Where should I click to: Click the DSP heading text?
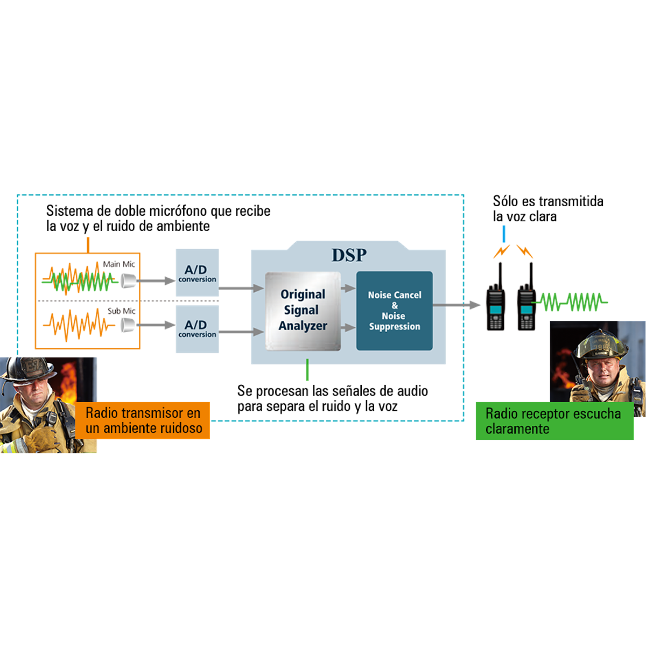[349, 255]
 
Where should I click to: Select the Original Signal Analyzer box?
[303, 311]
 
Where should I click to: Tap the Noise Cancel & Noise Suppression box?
[394, 311]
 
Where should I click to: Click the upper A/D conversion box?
[197, 272]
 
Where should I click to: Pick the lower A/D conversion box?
[197, 328]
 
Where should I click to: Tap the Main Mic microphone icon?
[128, 280]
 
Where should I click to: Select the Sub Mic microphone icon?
[128, 325]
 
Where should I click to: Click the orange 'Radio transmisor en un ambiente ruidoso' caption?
[144, 420]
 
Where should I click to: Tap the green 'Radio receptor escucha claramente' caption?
[554, 421]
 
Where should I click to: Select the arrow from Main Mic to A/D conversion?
[157, 280]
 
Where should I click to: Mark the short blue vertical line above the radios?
[504, 234]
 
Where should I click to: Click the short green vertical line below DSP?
[307, 370]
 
